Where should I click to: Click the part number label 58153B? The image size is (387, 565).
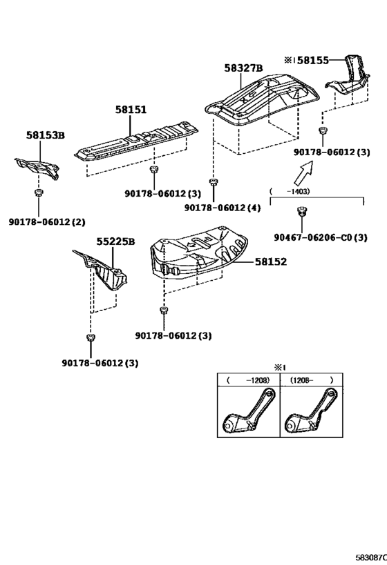tap(46, 136)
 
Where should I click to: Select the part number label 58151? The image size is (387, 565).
tap(131, 110)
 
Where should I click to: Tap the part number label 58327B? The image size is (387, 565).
tap(243, 68)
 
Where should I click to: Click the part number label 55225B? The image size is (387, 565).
tap(115, 241)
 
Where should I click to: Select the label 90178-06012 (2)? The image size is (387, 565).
tap(47, 221)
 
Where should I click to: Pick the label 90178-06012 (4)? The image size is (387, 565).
tap(223, 208)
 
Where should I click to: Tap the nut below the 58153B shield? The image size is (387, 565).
tap(39, 192)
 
